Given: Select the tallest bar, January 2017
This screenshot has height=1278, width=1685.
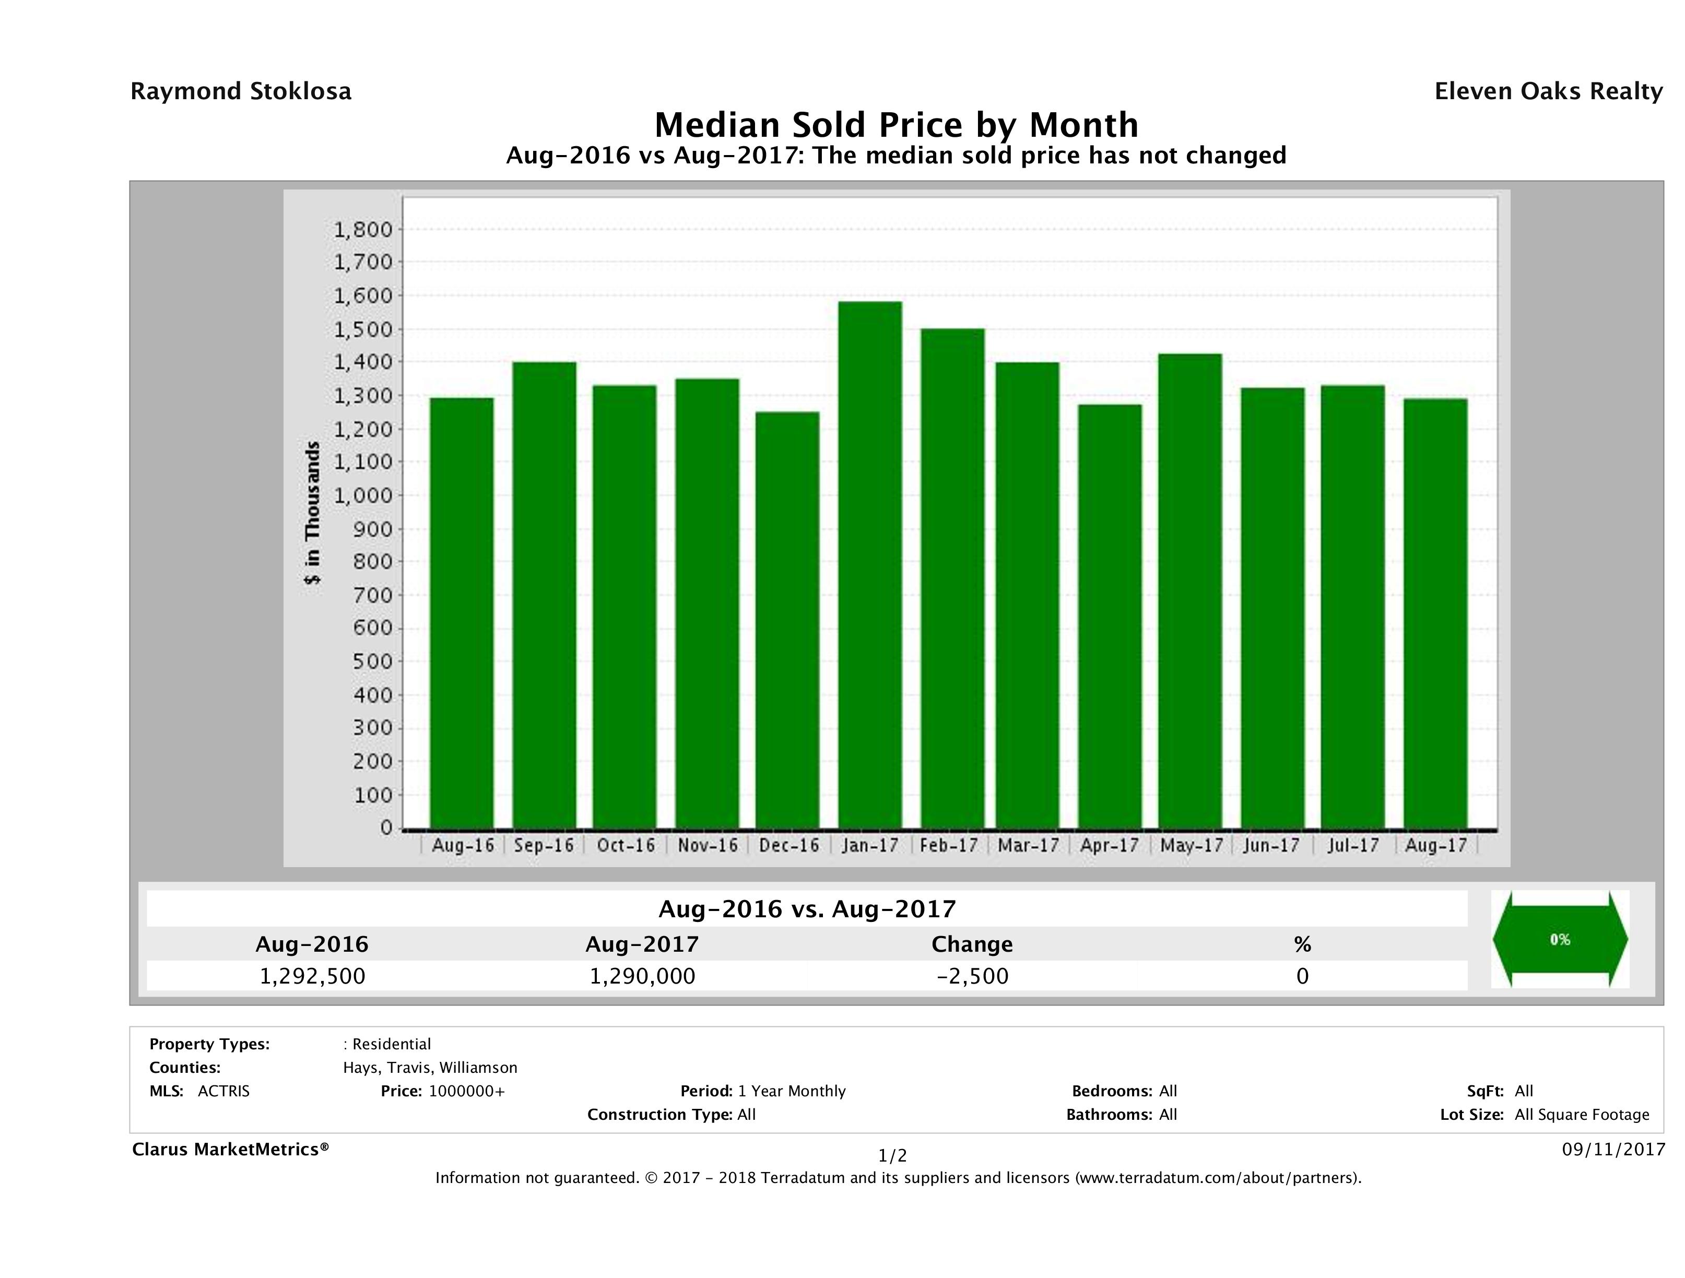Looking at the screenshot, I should click(869, 564).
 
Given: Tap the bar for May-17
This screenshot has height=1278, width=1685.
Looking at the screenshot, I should click(1190, 590).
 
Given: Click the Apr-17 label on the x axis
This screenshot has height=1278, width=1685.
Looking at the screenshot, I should click(1109, 845).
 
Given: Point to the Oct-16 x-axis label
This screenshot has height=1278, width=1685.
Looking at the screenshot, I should click(626, 845).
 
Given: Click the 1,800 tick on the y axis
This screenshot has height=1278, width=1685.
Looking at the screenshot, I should click(363, 229).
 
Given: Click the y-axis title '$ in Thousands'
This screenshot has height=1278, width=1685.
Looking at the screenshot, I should click(312, 513).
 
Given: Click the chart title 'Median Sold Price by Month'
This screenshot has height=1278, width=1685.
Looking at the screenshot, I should click(896, 124).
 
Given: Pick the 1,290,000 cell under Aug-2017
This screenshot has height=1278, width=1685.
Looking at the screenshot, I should click(642, 976).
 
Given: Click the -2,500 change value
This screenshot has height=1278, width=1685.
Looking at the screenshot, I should click(972, 976).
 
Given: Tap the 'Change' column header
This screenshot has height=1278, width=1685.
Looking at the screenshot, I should click(972, 944).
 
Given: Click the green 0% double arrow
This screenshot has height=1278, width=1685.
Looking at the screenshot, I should click(1559, 940).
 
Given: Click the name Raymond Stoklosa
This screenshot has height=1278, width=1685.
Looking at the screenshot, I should click(241, 91).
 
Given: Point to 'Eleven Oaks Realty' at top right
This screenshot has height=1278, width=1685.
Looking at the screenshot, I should click(1548, 91).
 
